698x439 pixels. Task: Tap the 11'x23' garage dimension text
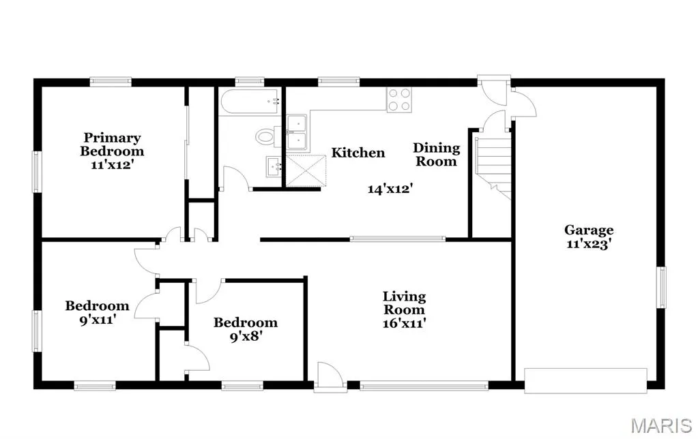coord(589,244)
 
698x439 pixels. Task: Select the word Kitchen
coord(358,153)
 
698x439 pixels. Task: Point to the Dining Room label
coord(436,154)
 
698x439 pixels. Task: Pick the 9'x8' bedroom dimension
coord(245,336)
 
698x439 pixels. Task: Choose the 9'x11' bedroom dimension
coord(98,319)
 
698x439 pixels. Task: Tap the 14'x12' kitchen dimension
coord(390,189)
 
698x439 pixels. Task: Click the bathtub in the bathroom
coord(250,102)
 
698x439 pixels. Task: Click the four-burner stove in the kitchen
coord(399,100)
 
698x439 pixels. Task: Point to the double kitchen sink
coord(297,132)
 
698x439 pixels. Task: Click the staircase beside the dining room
coord(492,167)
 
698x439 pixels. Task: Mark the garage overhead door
coord(586,381)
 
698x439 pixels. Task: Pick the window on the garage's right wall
coord(662,288)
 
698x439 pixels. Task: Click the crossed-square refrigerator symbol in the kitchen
coord(306,170)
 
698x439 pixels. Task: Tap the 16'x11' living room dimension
coord(404,323)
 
